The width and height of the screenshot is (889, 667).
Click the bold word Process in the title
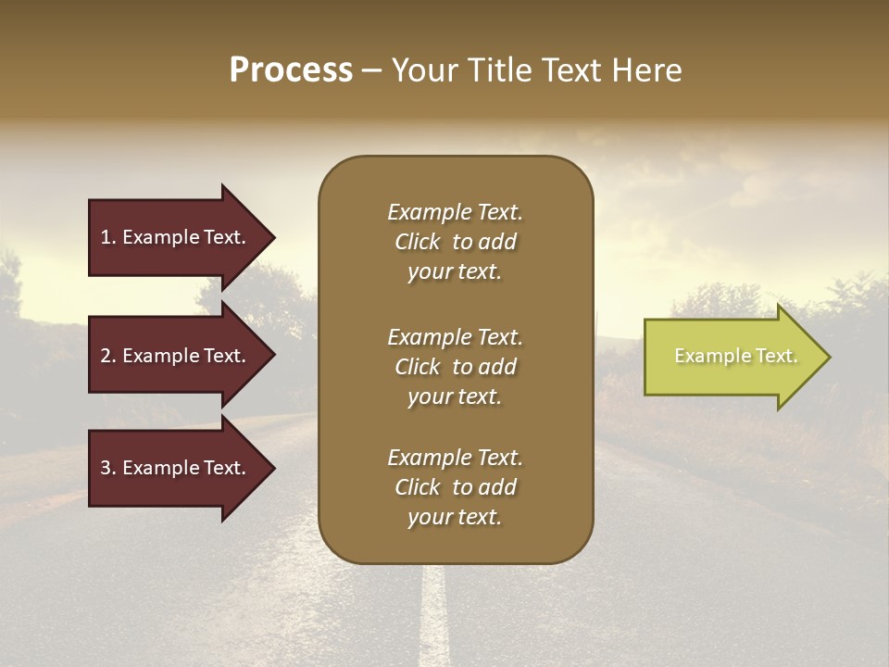click(x=291, y=70)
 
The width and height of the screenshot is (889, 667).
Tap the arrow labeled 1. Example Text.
click(x=176, y=237)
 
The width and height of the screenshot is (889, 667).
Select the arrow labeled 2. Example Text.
click(x=176, y=356)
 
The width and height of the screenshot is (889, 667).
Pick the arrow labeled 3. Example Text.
click(x=176, y=468)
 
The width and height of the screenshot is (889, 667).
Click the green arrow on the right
click(x=732, y=357)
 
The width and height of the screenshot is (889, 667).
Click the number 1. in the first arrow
click(x=107, y=237)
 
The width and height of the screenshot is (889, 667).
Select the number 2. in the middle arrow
click(x=107, y=356)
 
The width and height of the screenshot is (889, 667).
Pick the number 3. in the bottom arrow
click(x=107, y=468)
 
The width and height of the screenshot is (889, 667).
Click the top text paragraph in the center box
click(x=455, y=242)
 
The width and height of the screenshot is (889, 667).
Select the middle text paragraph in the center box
click(x=455, y=367)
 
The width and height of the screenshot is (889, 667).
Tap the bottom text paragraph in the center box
click(x=455, y=487)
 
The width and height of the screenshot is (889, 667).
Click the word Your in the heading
click(x=425, y=70)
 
